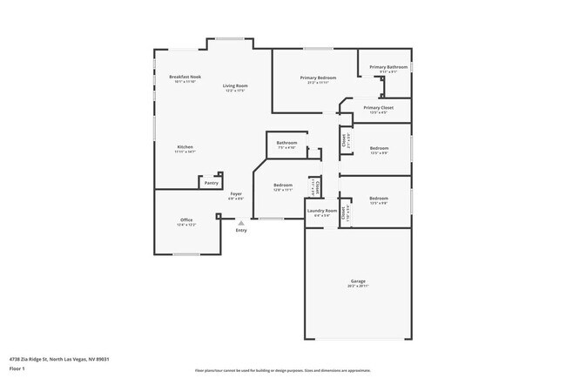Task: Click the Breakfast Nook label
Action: pyautogui.click(x=185, y=77)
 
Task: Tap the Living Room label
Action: pyautogui.click(x=234, y=85)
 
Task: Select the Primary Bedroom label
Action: pyautogui.click(x=319, y=78)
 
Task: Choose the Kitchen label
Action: pyautogui.click(x=185, y=146)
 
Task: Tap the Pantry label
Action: pyautogui.click(x=211, y=183)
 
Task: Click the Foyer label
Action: pyautogui.click(x=236, y=193)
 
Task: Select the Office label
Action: pyautogui.click(x=186, y=219)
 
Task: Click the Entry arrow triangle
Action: pyautogui.click(x=241, y=222)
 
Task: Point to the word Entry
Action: pyautogui.click(x=241, y=230)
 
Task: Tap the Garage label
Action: pyautogui.click(x=358, y=280)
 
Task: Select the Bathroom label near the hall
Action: pyautogui.click(x=286, y=143)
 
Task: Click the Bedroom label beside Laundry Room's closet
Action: pyautogui.click(x=283, y=185)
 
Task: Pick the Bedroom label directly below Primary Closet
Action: pyautogui.click(x=379, y=148)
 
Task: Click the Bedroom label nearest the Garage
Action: pyautogui.click(x=379, y=198)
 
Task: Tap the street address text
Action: pyautogui.click(x=59, y=358)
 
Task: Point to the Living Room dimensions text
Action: pyautogui.click(x=234, y=91)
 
